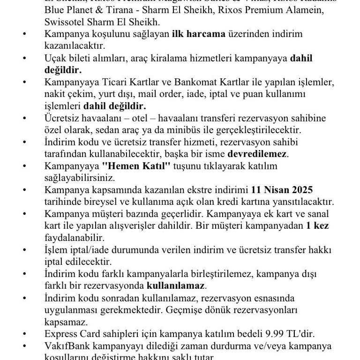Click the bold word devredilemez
(x=257, y=154)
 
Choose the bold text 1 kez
(x=317, y=226)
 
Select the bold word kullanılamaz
(x=176, y=285)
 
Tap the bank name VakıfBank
(x=67, y=346)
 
